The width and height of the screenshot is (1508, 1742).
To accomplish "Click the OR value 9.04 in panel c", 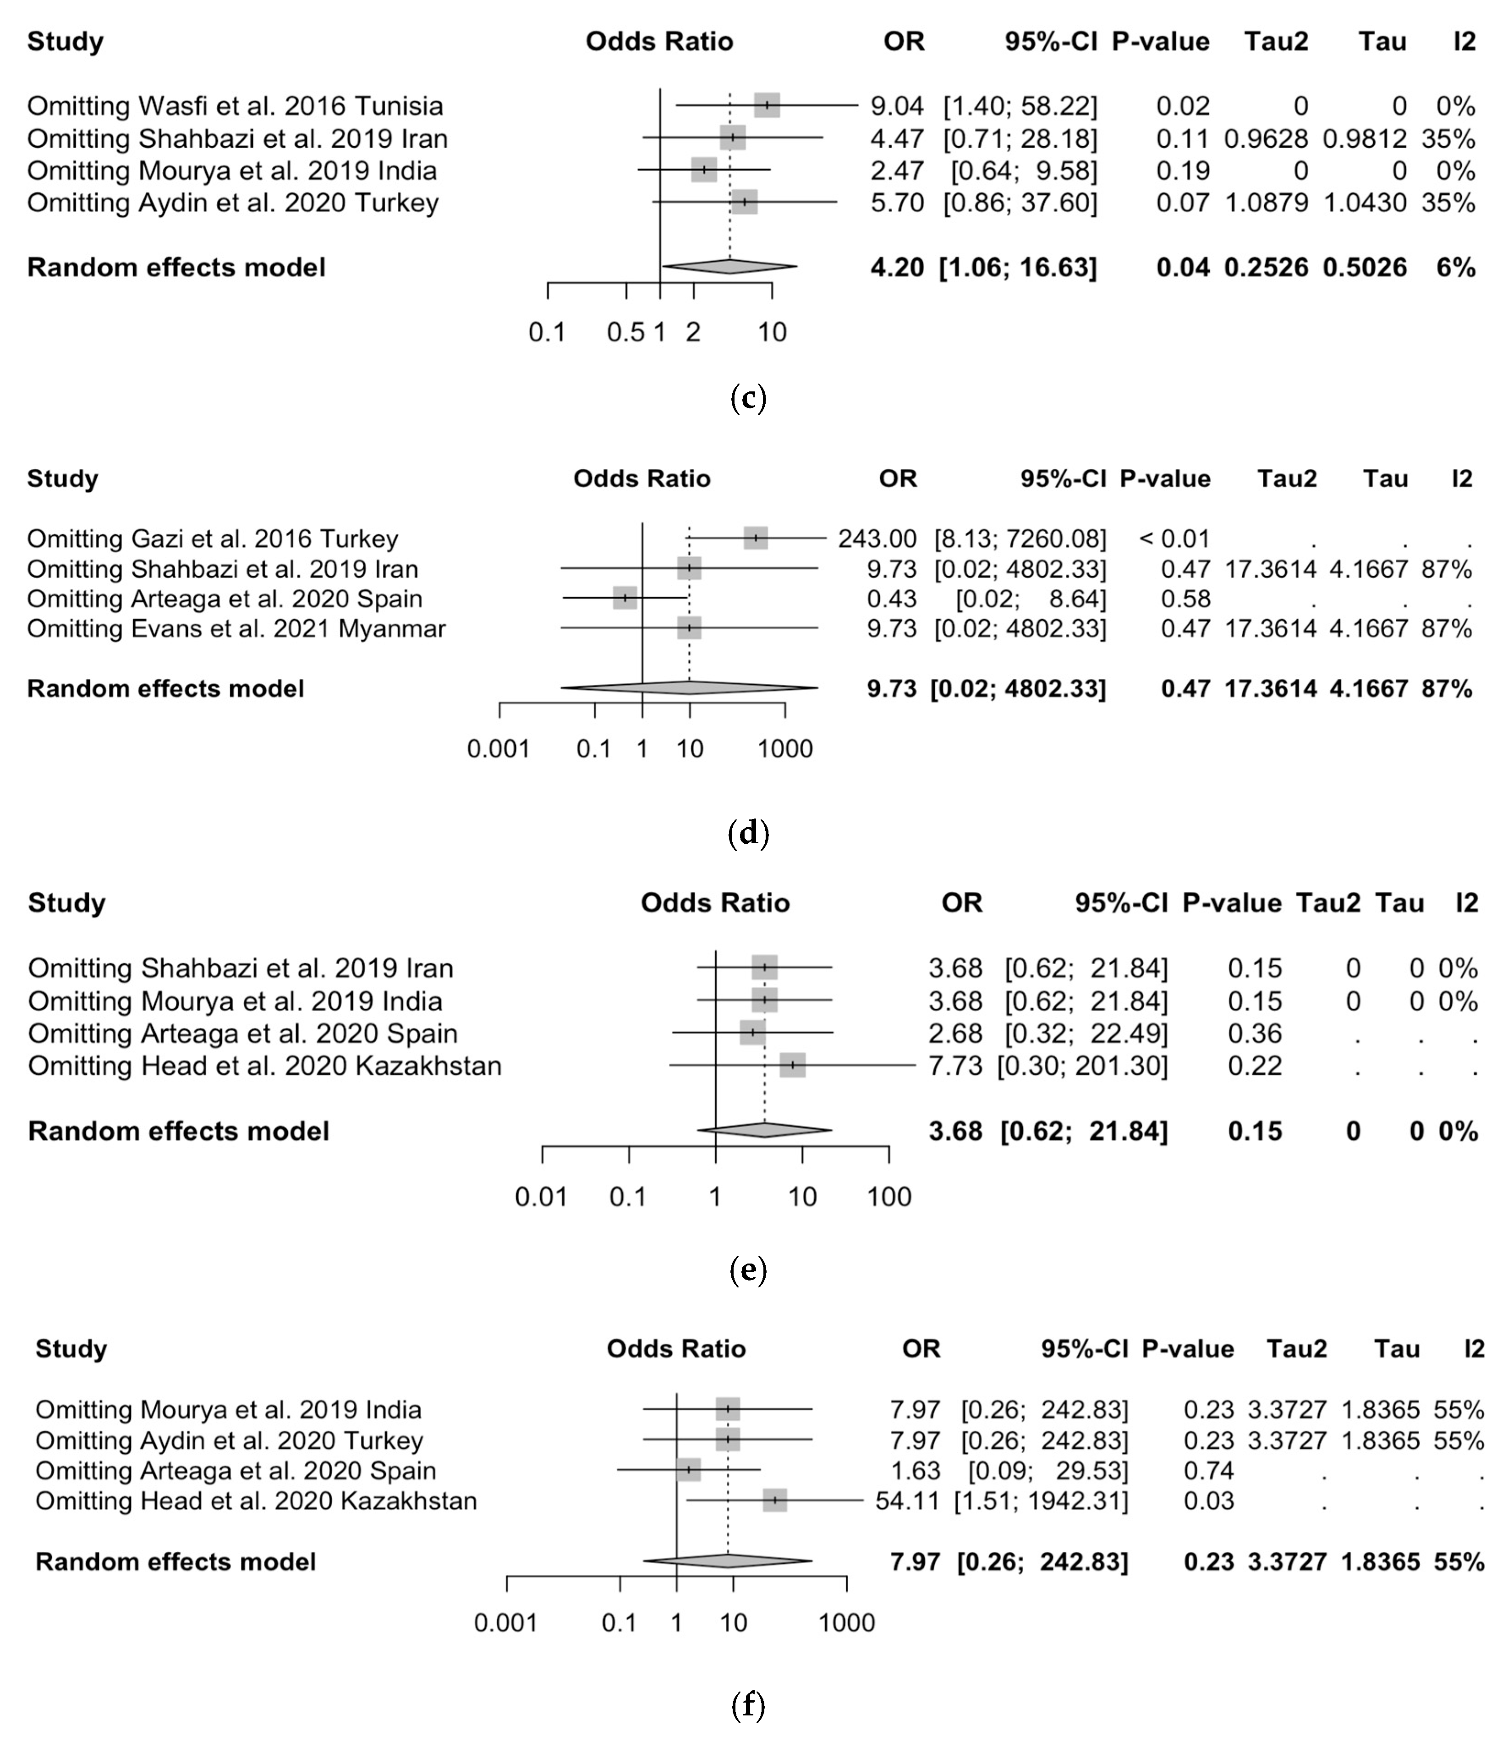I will point(897,106).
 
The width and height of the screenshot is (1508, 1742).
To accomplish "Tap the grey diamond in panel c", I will point(729,267).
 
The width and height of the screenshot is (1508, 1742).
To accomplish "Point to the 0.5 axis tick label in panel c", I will point(625,332).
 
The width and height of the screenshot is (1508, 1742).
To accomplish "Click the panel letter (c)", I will point(748,398).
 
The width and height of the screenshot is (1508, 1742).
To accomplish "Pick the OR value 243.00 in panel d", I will point(877,539).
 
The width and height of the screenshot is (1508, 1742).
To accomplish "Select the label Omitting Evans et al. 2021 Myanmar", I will point(236,629).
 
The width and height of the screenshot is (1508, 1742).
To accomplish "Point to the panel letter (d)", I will point(748,833).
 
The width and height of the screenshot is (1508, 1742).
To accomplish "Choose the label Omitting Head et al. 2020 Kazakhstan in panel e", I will point(265,1066).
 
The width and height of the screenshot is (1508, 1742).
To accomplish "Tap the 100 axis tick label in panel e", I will point(889,1197).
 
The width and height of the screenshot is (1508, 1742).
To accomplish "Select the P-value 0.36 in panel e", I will point(1255,1033).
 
